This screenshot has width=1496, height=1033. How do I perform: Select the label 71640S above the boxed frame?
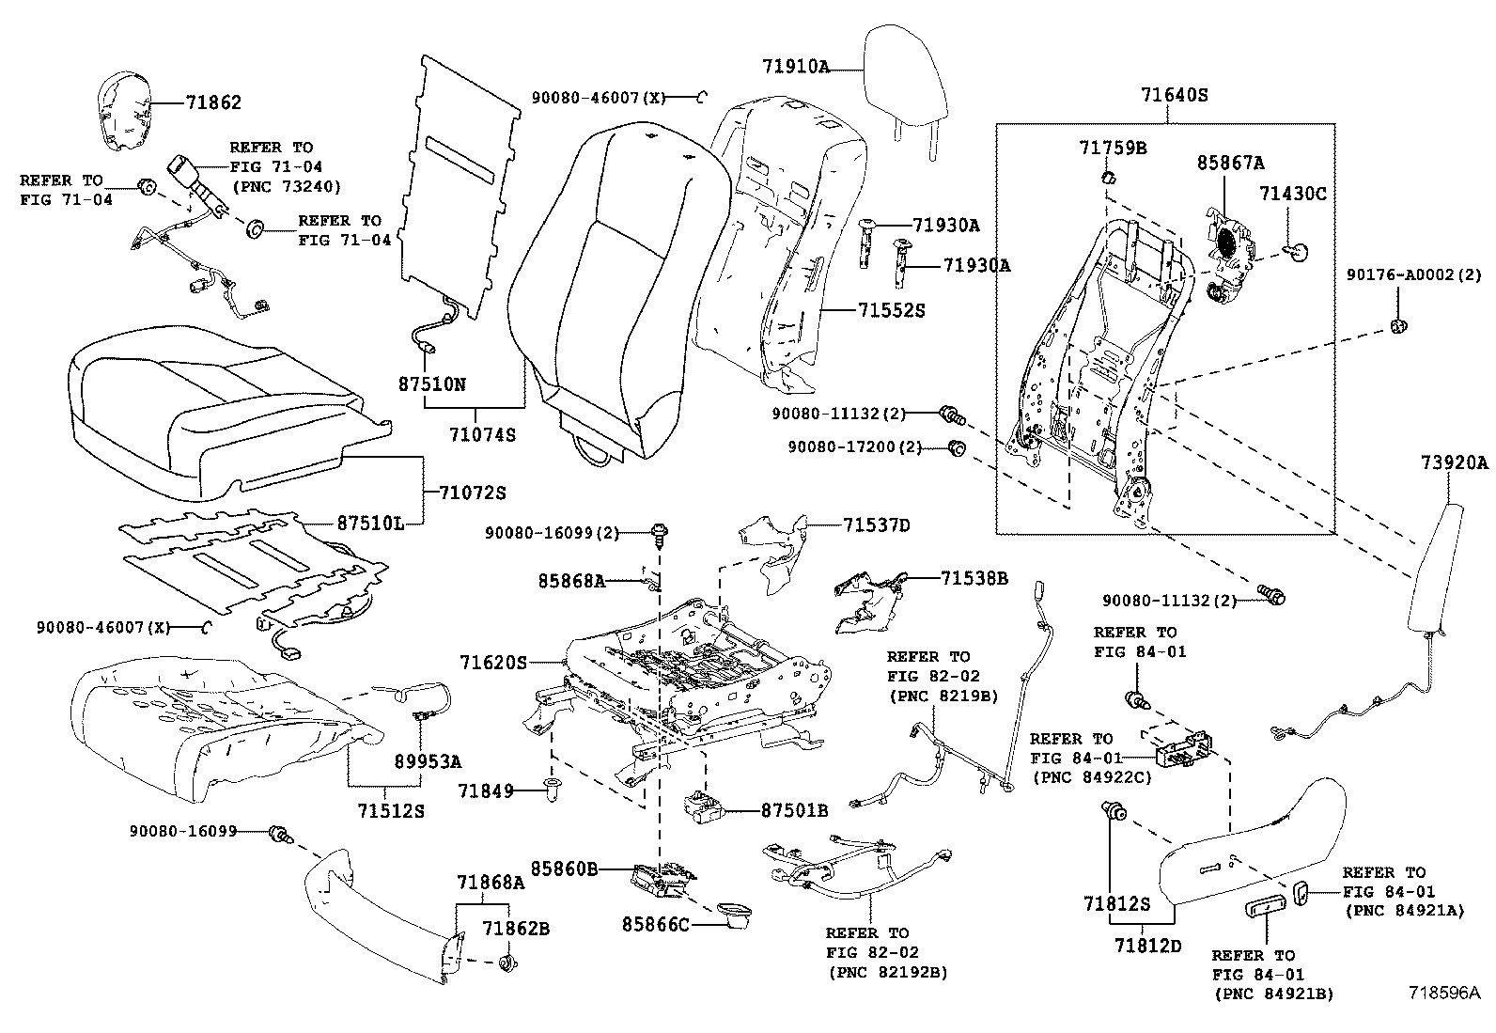1174,95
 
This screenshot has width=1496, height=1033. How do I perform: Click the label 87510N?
432,384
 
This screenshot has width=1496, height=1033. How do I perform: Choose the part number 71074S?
482,435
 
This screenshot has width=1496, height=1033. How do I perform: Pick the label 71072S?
473,493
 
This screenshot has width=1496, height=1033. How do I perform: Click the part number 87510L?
370,524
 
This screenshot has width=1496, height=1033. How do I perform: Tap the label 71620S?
493,663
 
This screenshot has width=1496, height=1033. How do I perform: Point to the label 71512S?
390,809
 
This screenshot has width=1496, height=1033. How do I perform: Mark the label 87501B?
794,810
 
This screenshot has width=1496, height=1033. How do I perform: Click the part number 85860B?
564,869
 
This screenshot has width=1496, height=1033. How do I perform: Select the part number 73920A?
1454,462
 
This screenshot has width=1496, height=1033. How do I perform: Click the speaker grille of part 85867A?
1226,240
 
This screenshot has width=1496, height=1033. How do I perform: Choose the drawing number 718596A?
1442,993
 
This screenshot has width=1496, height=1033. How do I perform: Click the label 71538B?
974,579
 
